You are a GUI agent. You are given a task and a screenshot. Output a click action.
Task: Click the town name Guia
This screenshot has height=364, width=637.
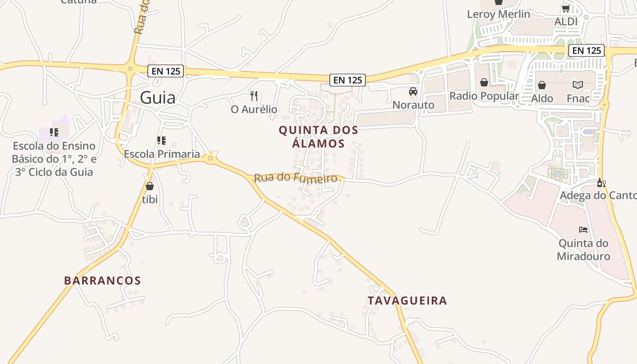157,98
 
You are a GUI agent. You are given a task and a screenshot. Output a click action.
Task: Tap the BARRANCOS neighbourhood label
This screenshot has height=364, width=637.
102,280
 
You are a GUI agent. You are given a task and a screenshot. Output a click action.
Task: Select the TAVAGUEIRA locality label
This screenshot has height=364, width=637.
407,300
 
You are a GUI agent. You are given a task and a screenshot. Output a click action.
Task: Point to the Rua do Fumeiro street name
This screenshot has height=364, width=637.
296,177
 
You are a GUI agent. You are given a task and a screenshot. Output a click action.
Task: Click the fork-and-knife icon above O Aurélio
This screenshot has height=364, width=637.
254,96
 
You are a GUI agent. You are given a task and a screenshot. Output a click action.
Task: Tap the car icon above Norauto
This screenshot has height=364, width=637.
413,91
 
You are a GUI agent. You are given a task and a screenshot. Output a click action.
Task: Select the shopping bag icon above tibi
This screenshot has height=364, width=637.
150,186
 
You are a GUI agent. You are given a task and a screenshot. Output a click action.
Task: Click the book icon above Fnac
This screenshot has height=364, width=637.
578,85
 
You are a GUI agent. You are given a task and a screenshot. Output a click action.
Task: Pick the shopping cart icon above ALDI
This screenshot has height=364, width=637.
566,9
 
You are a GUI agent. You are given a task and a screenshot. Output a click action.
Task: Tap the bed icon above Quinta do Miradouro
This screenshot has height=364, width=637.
583,230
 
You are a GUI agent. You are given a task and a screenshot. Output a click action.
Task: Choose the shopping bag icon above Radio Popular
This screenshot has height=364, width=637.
484,82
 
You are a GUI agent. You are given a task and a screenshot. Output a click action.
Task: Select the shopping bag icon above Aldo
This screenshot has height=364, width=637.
542,85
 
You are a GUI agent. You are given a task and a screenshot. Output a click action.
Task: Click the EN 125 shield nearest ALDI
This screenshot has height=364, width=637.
586,51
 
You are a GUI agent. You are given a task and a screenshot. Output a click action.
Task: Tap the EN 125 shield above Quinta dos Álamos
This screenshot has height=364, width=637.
348,80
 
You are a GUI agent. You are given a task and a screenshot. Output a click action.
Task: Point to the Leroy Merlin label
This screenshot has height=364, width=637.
499,14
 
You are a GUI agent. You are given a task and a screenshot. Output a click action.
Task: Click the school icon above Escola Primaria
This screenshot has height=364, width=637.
161,141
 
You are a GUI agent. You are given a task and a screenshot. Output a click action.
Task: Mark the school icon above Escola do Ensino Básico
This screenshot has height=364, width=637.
54,132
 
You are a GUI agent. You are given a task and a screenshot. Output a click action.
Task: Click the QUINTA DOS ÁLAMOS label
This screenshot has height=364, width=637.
318,136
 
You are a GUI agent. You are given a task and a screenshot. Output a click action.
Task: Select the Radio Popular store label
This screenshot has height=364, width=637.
484,96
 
